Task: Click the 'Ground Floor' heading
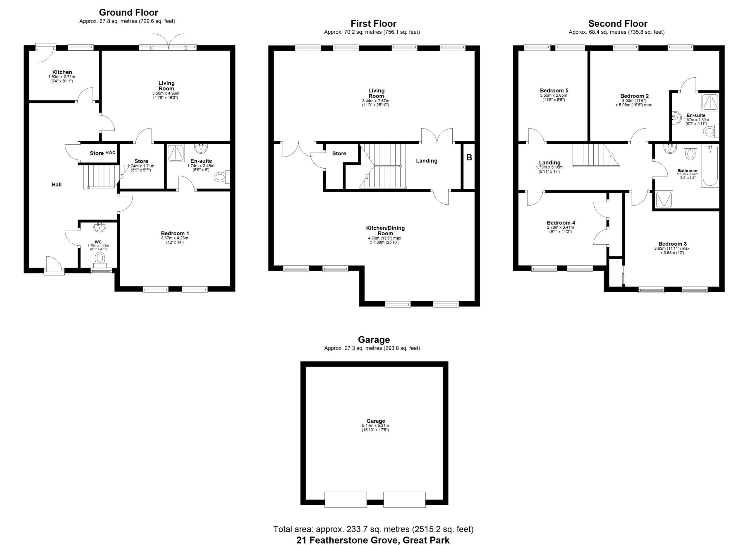coord(128,13)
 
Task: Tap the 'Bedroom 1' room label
coord(175,234)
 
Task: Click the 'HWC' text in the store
coord(110,153)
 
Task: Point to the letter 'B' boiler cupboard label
coord(469,157)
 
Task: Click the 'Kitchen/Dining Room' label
coord(385,231)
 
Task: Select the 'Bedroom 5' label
coord(554,90)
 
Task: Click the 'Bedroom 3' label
coord(672,244)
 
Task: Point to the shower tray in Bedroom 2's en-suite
coord(710,102)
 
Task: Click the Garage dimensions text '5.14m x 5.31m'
coord(375,426)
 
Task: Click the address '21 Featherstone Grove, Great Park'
coord(373,540)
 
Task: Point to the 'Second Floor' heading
coord(618,24)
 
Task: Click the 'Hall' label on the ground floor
coord(57,185)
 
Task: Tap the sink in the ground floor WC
coord(99,227)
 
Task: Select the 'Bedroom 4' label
coord(561,223)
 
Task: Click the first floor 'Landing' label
coord(427,161)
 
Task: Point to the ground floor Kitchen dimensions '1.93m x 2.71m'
coord(62,77)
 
